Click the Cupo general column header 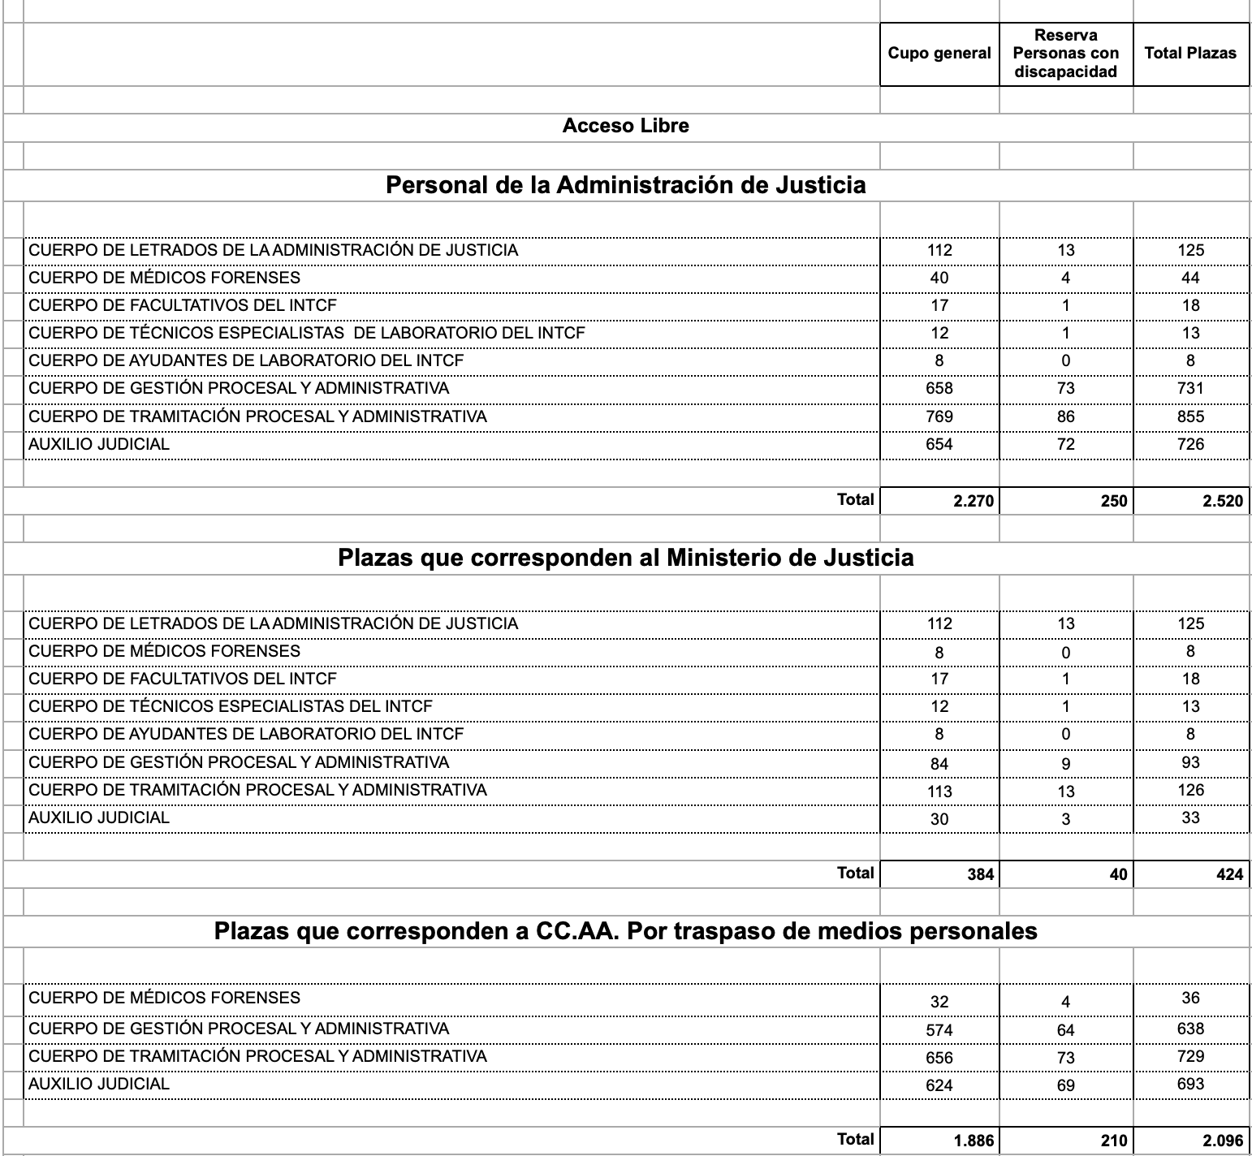pyautogui.click(x=939, y=54)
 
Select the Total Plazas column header pyautogui.click(x=1190, y=54)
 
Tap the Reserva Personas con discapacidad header pyautogui.click(x=1065, y=54)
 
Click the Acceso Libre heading pyautogui.click(x=625, y=126)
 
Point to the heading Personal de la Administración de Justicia pyautogui.click(x=625, y=186)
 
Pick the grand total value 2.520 pyautogui.click(x=1223, y=501)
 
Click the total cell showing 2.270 pyautogui.click(x=973, y=501)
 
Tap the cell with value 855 pyautogui.click(x=1190, y=416)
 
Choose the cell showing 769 pyautogui.click(x=939, y=416)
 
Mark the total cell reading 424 pyautogui.click(x=1229, y=874)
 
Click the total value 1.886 pyautogui.click(x=973, y=1141)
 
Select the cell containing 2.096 pyautogui.click(x=1223, y=1141)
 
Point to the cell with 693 pyautogui.click(x=1190, y=1084)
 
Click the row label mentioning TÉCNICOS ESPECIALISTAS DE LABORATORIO pyautogui.click(x=307, y=333)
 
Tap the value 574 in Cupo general pyautogui.click(x=939, y=1030)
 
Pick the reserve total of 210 pyautogui.click(x=1113, y=1141)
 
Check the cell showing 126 pyautogui.click(x=1190, y=790)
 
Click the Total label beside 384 pyautogui.click(x=855, y=873)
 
